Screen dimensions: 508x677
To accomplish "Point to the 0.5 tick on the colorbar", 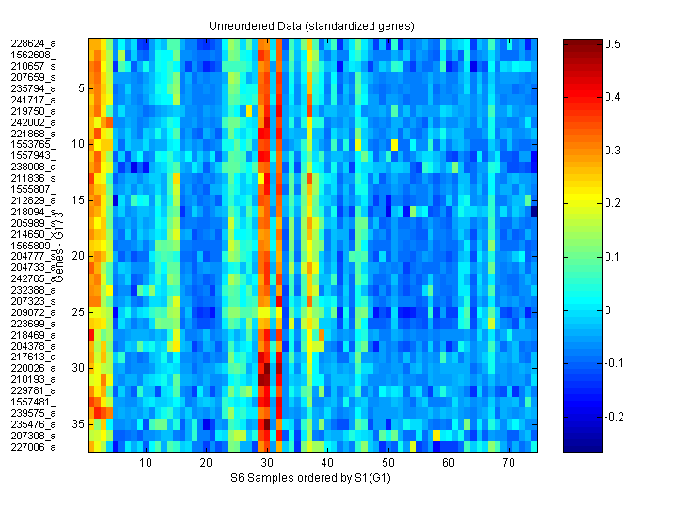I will tap(611, 43).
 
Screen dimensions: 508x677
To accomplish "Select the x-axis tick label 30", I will tap(267, 464).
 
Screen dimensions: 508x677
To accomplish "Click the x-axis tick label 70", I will tap(509, 464).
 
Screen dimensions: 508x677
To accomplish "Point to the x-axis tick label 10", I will tap(146, 464).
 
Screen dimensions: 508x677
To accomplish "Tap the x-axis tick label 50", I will tap(387, 464).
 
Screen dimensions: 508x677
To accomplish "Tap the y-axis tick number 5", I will tap(81, 88).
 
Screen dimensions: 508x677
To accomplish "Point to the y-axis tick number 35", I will tap(78, 424).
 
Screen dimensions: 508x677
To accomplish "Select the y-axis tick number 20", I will tap(78, 256).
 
